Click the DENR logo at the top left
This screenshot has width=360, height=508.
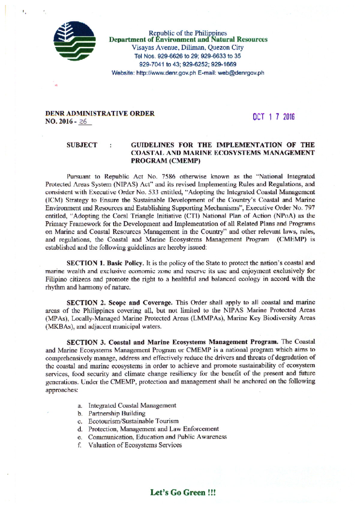pos(74,41)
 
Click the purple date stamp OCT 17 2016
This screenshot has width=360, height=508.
pos(274,117)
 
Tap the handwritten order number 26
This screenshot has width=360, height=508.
pos(83,122)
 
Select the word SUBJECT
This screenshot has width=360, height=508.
pos(82,145)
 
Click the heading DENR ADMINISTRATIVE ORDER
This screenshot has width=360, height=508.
pos(100,114)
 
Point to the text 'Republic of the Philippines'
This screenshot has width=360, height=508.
pos(188,33)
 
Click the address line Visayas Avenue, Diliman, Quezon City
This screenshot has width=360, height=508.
pos(187,48)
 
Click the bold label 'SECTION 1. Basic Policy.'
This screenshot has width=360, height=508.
pos(106,263)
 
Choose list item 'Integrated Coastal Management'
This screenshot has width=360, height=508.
pos(132,405)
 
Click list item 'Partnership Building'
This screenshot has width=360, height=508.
pos(117,414)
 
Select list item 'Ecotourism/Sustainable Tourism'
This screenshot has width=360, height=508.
pos(133,421)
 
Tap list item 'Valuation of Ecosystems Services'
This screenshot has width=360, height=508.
pos(135,445)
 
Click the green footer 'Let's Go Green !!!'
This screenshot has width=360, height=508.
pos(183,492)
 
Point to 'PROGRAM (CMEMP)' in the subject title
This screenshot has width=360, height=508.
pos(165,161)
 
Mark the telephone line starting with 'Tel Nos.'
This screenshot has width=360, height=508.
pos(187,56)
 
